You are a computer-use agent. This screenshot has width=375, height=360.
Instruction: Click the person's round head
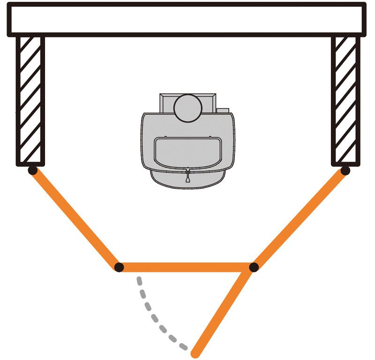coord(187,108)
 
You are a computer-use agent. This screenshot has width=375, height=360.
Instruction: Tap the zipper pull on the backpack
coord(188,176)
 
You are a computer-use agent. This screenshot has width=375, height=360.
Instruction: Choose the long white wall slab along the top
coord(187,19)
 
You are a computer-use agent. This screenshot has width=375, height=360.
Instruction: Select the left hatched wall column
coord(30,101)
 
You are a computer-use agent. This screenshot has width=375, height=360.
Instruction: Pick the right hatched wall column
coord(346,101)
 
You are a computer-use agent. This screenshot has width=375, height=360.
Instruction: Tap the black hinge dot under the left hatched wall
coord(32,171)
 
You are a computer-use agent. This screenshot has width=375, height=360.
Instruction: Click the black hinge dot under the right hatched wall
coord(345,171)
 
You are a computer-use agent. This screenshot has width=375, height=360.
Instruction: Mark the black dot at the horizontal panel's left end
coord(119,267)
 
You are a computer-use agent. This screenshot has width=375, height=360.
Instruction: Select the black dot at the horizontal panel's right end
coord(254,267)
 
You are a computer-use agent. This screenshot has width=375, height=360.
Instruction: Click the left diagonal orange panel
coord(75,219)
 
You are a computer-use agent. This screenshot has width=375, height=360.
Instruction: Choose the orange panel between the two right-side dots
coord(300,219)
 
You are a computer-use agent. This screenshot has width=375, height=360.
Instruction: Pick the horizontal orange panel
coord(186,267)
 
